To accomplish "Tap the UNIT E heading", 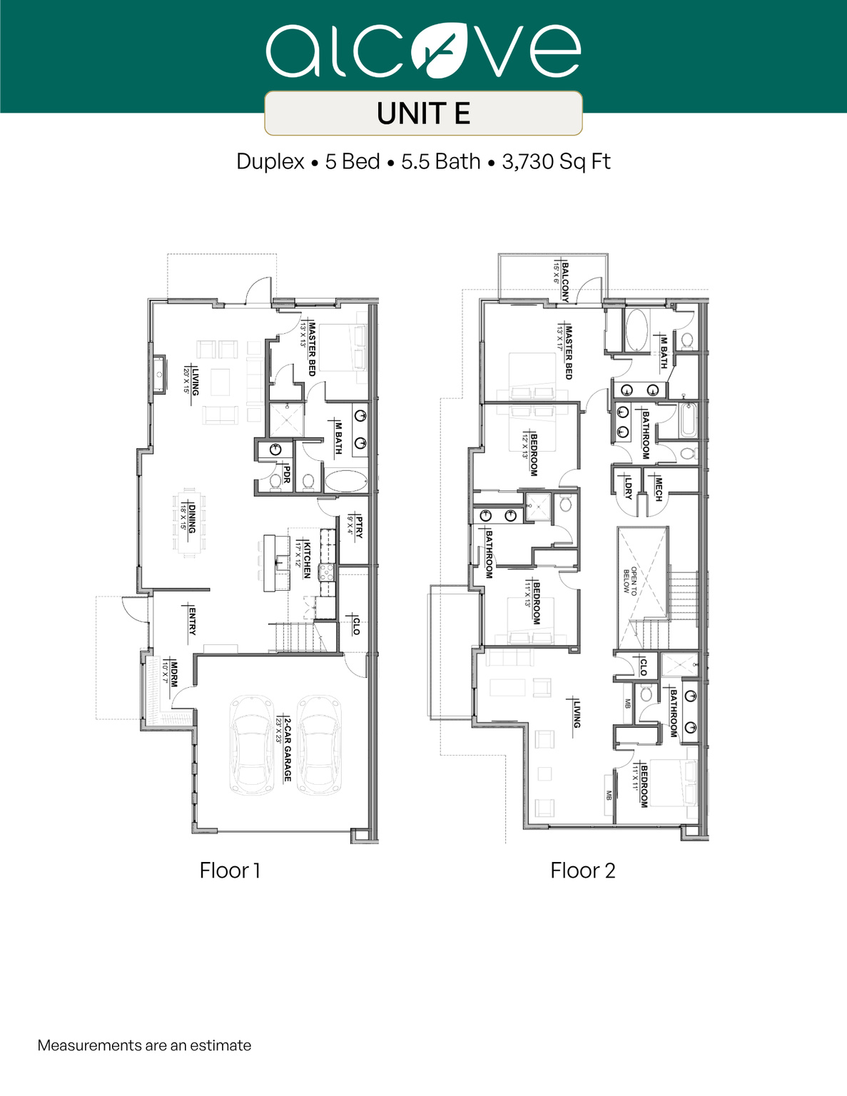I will click(x=423, y=113).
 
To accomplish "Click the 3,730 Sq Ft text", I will click(x=556, y=162).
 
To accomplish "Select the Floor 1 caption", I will click(x=230, y=871).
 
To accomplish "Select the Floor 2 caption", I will click(x=582, y=871).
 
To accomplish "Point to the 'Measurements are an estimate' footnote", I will click(x=144, y=1045).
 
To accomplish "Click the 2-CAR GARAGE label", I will click(x=287, y=749).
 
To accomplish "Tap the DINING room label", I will click(x=191, y=517).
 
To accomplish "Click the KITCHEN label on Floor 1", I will click(x=307, y=560).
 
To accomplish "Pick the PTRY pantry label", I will click(x=358, y=527).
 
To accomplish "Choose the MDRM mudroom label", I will click(x=173, y=672).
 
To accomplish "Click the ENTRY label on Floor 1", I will click(x=191, y=621).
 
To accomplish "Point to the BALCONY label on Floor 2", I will click(x=564, y=281).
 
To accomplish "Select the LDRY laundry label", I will click(x=628, y=488).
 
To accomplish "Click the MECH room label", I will click(x=658, y=488).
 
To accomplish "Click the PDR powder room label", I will click(x=287, y=475).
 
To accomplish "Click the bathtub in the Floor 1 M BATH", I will click(x=347, y=481).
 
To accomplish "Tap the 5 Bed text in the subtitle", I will click(x=353, y=162).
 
